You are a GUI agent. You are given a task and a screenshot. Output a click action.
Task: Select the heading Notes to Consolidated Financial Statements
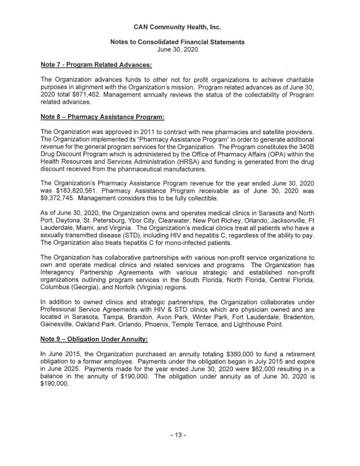click(x=180, y=42)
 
